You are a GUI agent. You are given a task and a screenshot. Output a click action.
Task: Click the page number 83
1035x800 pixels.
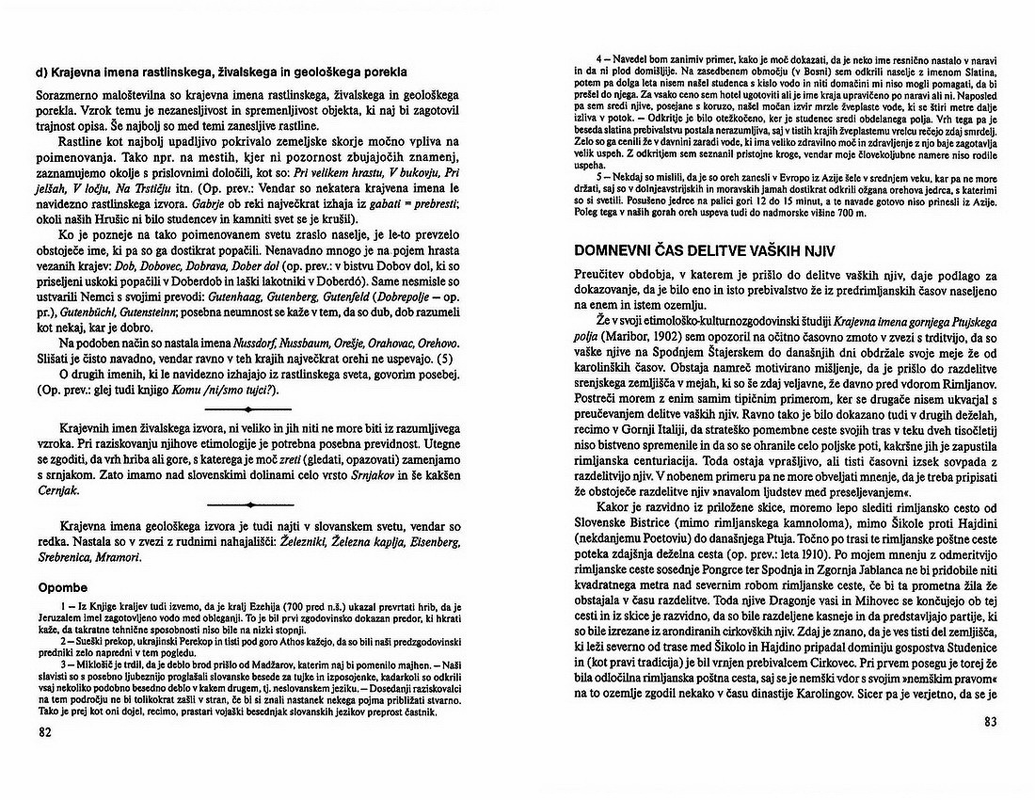click(x=989, y=722)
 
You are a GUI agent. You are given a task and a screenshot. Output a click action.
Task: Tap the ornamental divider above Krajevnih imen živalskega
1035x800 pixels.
click(x=247, y=410)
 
